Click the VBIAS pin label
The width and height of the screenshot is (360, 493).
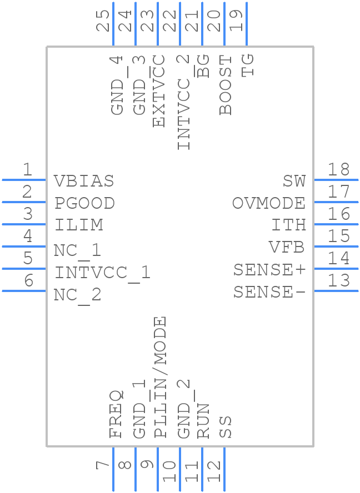84,181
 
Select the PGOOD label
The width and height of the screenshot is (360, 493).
84,203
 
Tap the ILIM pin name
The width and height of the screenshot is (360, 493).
78,225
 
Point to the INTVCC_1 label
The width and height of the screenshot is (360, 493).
102,273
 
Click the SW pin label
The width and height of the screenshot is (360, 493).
294,181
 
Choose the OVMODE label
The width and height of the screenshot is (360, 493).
269,203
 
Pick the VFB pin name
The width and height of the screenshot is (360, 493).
287,247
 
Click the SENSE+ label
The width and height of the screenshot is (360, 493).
269,270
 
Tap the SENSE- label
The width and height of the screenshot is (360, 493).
269,292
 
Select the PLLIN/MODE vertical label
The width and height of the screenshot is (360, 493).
160,378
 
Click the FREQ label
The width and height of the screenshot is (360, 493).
116,414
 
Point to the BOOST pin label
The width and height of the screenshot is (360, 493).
226,85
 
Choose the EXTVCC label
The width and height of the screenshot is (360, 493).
159,91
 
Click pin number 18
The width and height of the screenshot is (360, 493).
338,170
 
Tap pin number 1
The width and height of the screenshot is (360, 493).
27,170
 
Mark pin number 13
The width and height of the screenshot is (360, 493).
338,281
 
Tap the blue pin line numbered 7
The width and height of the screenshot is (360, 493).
113,469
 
